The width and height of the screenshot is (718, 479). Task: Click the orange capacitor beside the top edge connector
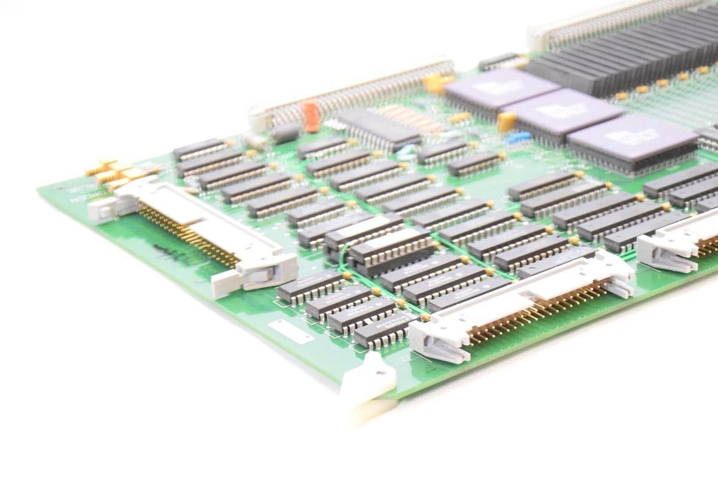tap(310, 116)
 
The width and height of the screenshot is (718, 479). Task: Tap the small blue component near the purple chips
tap(518, 138)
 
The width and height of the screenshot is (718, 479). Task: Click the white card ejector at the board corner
tap(370, 383)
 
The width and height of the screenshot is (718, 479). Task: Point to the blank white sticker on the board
tap(291, 332)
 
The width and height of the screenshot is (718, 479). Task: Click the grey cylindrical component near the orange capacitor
tap(285, 133)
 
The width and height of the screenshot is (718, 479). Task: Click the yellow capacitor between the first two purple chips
tap(506, 122)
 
